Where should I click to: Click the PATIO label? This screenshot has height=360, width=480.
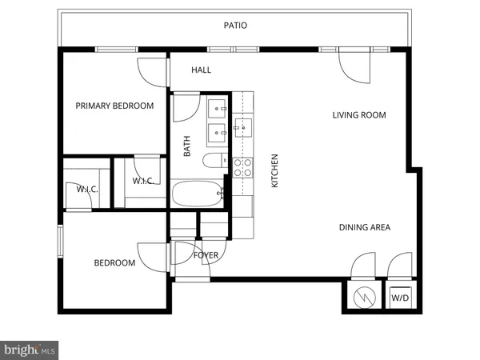235,26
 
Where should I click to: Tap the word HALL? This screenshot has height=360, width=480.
202,70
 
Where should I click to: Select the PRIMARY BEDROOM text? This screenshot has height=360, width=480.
114,106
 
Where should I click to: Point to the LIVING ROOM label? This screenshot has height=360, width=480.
359,115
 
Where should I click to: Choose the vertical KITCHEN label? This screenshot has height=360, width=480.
274,170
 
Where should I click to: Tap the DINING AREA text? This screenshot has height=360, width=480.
364,228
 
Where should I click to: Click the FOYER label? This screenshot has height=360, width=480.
206,255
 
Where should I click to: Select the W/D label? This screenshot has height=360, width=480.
400,299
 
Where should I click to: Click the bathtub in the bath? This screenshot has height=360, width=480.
197,193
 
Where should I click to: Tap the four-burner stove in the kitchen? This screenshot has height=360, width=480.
242,167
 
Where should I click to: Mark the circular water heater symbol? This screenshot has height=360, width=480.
364,298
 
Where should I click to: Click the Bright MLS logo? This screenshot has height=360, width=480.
30,350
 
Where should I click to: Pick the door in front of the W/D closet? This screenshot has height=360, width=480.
398,266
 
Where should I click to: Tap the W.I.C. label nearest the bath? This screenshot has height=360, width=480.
142,182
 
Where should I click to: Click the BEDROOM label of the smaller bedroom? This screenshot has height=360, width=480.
114,263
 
